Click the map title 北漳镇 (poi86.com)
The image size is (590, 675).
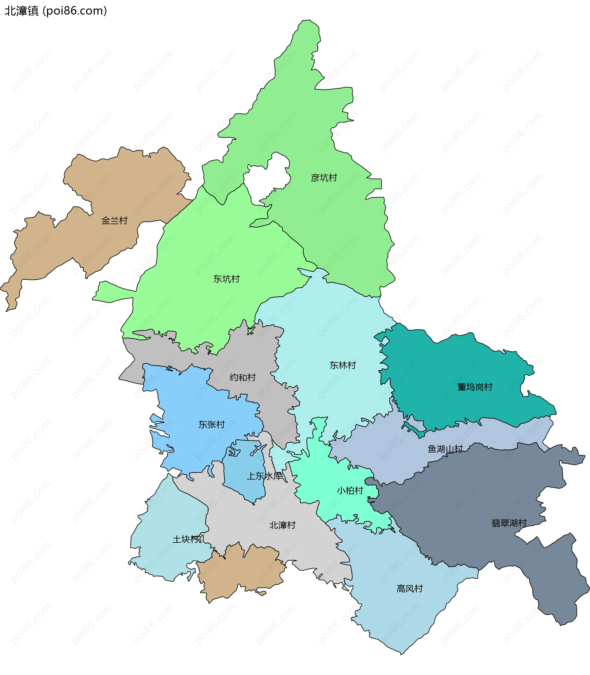(x=56, y=11)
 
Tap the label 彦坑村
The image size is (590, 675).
(x=324, y=178)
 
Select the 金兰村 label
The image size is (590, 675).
(x=114, y=221)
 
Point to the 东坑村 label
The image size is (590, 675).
(x=226, y=279)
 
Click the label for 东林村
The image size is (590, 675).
(x=342, y=365)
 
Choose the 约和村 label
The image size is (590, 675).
(x=243, y=377)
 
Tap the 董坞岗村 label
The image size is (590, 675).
(x=475, y=387)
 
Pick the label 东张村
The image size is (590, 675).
(x=211, y=424)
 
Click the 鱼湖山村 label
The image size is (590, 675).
(x=445, y=449)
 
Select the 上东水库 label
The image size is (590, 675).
(x=265, y=476)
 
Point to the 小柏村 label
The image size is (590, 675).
(x=350, y=491)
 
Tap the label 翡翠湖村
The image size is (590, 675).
(x=509, y=523)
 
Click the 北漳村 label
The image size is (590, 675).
(x=282, y=525)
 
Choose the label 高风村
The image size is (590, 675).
(x=409, y=588)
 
